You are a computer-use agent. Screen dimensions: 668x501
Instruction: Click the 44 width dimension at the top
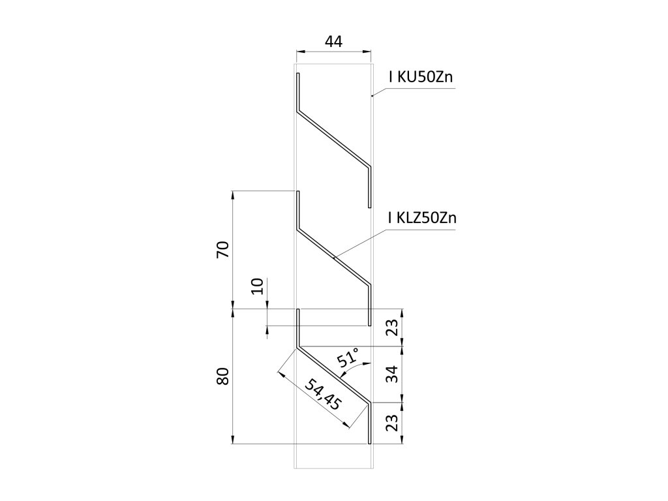[333, 42]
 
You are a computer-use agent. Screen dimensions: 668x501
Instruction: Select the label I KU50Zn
[421, 78]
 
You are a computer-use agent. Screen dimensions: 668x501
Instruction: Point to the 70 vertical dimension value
[222, 250]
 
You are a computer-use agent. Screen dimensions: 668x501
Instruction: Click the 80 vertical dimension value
[222, 377]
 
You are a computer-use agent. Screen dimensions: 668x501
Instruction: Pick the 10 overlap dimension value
[257, 286]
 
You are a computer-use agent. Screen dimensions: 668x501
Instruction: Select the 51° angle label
[348, 358]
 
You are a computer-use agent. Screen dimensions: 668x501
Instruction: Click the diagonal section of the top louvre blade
[333, 138]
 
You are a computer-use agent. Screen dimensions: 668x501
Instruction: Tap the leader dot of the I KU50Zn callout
[372, 96]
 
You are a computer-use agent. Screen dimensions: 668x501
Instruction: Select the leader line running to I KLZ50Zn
[359, 242]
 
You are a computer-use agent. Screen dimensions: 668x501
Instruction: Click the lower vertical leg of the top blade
[370, 185]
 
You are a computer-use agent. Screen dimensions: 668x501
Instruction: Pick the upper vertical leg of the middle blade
[297, 209]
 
